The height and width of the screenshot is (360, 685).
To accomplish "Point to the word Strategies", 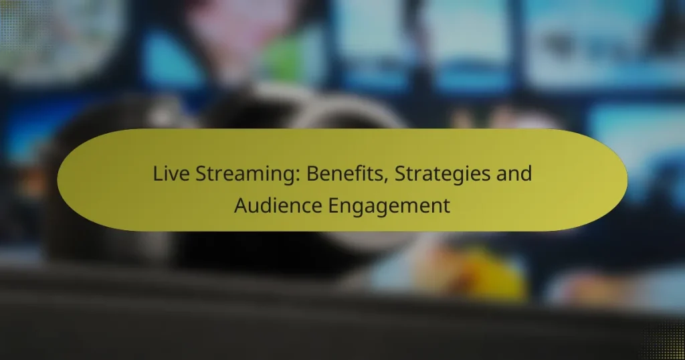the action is click(442, 175).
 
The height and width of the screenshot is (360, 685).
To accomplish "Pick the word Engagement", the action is click(389, 206).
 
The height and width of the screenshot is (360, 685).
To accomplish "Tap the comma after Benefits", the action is click(387, 180).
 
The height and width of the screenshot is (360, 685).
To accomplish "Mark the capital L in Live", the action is click(157, 173).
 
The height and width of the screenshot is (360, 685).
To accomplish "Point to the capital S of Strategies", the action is click(400, 173).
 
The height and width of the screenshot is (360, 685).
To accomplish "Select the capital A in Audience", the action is click(241, 205).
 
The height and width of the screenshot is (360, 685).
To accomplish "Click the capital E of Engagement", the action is click(334, 205).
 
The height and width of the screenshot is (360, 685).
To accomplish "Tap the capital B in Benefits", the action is click(313, 173).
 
